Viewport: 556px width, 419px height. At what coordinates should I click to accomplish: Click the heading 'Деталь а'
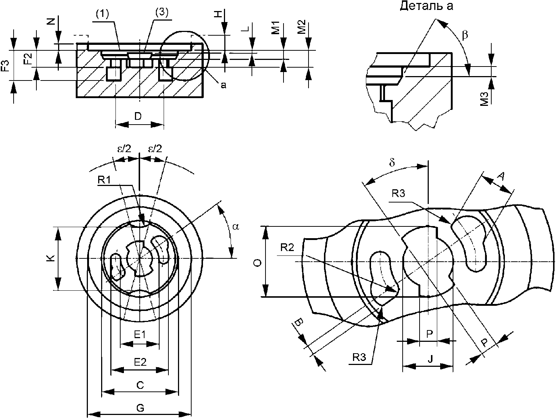click(x=426, y=6)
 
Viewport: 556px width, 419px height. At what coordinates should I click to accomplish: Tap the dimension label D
click(x=138, y=116)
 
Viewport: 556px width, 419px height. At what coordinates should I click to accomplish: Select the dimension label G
click(x=140, y=408)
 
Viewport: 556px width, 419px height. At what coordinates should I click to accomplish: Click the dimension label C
click(x=140, y=385)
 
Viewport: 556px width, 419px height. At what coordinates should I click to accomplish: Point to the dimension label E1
click(x=140, y=335)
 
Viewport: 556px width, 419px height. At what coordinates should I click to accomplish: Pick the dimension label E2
click(x=140, y=362)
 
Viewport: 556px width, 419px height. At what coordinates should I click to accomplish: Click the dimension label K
click(x=51, y=258)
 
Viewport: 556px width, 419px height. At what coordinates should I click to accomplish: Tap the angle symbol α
click(x=236, y=226)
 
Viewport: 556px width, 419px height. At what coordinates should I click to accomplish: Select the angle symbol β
click(x=465, y=35)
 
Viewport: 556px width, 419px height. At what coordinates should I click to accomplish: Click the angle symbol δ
click(x=392, y=162)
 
